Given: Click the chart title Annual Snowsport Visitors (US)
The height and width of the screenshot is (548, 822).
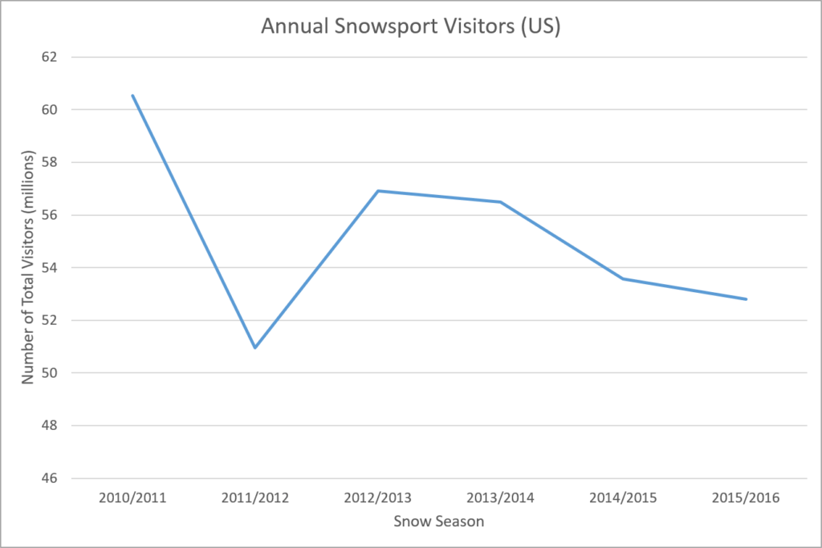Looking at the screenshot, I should (410, 26).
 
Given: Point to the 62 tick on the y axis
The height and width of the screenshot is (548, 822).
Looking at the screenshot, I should (50, 57).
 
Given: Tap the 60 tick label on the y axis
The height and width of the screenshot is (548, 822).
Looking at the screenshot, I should (50, 110).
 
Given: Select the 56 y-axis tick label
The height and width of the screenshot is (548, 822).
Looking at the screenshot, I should (50, 215).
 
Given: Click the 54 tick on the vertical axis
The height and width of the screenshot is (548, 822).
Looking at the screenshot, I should (50, 268).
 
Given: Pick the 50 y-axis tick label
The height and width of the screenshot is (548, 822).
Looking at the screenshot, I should (50, 373).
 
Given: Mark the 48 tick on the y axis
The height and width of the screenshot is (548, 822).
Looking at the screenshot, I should (50, 426).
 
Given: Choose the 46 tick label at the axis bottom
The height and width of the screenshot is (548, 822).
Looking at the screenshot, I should (50, 479).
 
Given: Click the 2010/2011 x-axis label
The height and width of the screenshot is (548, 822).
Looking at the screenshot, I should (132, 497).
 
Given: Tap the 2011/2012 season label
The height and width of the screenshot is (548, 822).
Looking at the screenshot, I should (255, 497).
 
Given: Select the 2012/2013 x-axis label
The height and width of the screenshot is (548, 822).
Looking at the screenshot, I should (378, 497).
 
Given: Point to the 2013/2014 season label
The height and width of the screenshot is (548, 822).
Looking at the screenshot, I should (501, 497).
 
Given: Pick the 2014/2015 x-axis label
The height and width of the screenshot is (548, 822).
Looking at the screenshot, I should (624, 497).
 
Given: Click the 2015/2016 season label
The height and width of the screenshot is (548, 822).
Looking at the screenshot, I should (747, 497).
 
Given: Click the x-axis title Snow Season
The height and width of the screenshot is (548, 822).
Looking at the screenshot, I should (439, 522).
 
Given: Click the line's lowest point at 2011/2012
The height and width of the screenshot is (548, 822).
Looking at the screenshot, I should (254, 347).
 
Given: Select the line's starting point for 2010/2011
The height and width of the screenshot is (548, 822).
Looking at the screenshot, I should (132, 96).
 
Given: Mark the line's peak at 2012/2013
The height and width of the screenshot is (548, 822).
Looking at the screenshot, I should (378, 191).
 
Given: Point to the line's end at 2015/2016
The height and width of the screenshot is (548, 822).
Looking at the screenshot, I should (747, 299).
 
